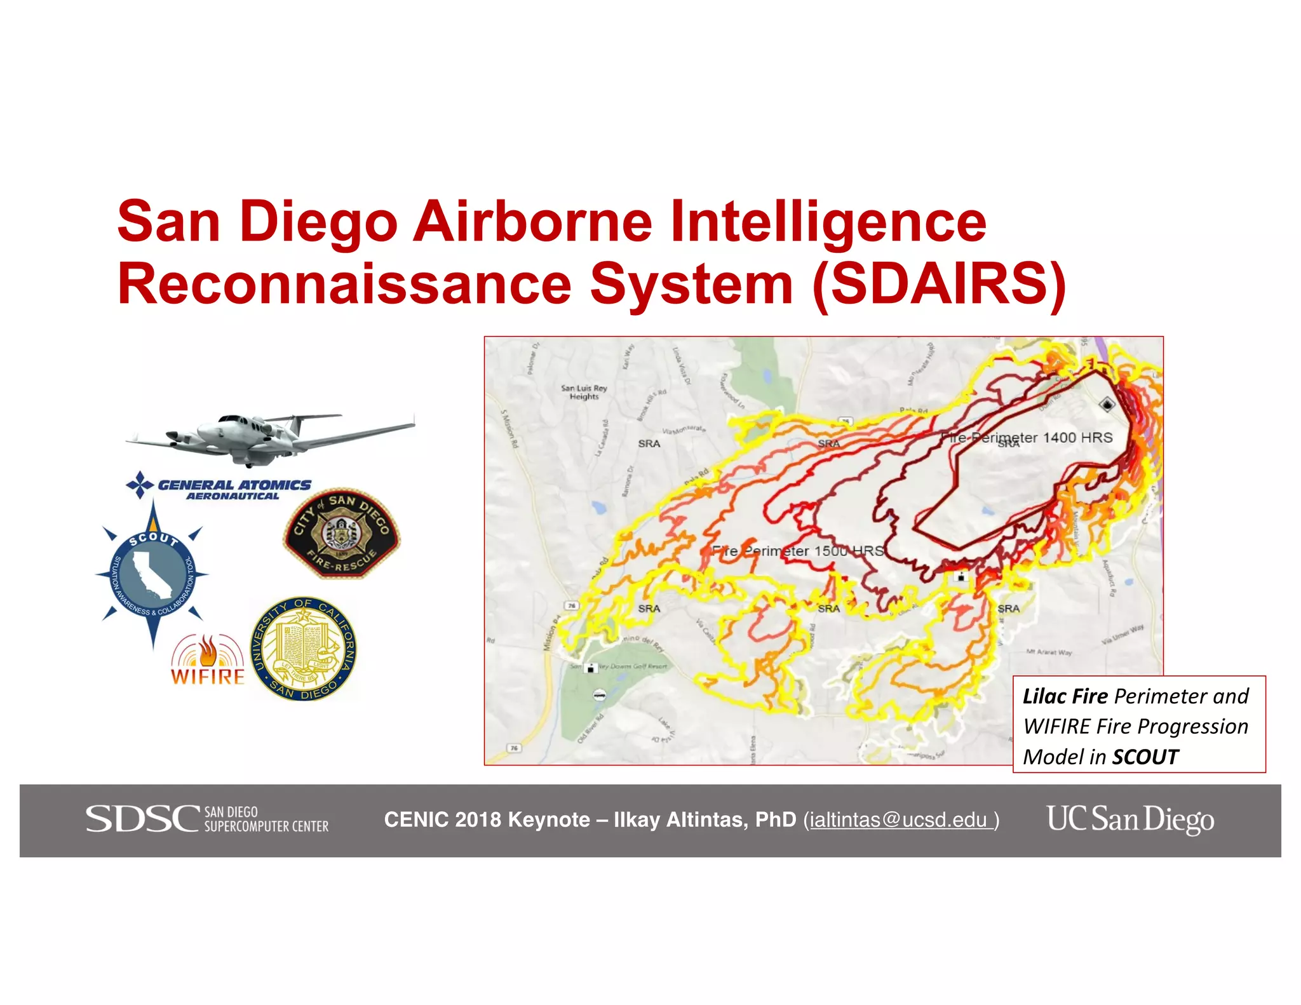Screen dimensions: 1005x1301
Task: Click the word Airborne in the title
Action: pyautogui.click(x=532, y=222)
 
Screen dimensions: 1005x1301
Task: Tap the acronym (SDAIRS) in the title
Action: pyautogui.click(x=939, y=284)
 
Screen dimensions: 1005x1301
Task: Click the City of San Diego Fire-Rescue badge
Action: pyautogui.click(x=342, y=534)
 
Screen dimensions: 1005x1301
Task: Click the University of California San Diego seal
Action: pyautogui.click(x=304, y=649)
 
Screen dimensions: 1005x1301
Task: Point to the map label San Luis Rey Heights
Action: pyautogui.click(x=584, y=392)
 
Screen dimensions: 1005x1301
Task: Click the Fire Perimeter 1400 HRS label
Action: pyautogui.click(x=1029, y=438)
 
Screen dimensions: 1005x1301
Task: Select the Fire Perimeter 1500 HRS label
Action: pyautogui.click(x=797, y=551)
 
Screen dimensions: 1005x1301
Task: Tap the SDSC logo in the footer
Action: pyautogui.click(x=207, y=819)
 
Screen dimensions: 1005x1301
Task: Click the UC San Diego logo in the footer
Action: pyautogui.click(x=1130, y=819)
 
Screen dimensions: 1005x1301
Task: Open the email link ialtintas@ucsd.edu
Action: pyautogui.click(x=900, y=820)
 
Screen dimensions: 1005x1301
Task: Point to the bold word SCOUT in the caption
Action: pyautogui.click(x=1145, y=757)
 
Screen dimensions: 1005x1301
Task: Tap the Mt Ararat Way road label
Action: pyautogui.click(x=1049, y=652)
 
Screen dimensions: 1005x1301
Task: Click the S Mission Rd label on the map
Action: pyautogui.click(x=509, y=429)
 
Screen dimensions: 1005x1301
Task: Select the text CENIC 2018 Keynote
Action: pyautogui.click(x=487, y=820)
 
